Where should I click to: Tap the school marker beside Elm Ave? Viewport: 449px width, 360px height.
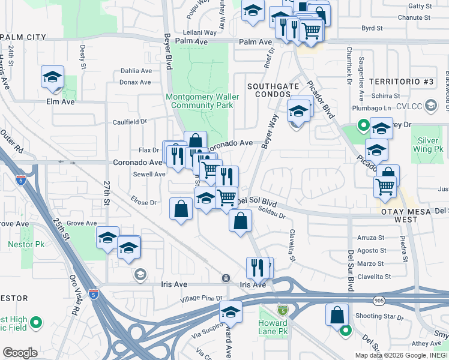click(53, 77)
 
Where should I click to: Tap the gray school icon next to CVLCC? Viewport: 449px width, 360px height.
click(430, 106)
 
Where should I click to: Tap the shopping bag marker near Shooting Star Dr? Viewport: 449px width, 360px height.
click(337, 314)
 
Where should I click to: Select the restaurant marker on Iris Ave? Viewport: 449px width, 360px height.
click(258, 266)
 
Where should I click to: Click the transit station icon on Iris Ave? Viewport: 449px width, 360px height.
click(226, 278)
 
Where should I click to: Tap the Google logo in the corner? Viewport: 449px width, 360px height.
click(20, 353)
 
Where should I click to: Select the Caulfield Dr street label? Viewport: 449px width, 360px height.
click(130, 122)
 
